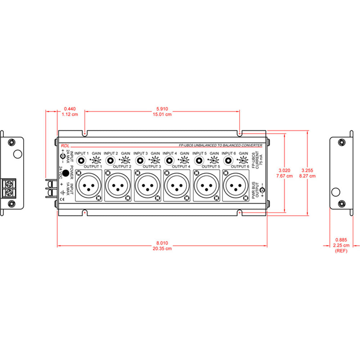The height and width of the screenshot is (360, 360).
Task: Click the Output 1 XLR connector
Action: [88, 186]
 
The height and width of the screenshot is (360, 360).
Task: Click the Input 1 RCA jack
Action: [83, 160]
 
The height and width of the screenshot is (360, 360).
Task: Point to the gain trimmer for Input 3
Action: [155, 161]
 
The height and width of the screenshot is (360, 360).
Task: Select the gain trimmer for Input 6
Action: [244, 161]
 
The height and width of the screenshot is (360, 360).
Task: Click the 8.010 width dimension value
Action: [162, 243]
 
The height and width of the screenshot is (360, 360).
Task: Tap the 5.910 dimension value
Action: [162, 109]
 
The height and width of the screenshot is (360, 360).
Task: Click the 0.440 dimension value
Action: [70, 109]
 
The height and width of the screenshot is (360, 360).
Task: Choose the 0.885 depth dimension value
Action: [341, 240]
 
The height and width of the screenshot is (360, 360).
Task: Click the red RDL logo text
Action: [65, 145]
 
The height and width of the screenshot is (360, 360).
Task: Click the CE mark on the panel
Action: [62, 198]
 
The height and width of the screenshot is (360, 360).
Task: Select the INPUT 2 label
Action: [111, 153]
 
